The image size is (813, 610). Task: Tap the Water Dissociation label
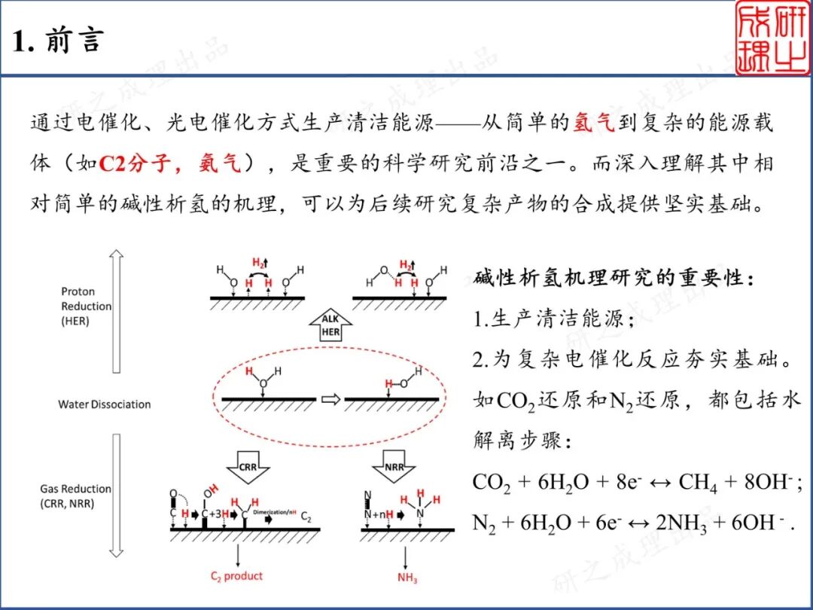105,404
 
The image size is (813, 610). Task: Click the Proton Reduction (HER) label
87,306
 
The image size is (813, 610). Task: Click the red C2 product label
236,576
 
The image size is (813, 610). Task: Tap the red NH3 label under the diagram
406,578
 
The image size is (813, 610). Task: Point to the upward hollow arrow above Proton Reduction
116,309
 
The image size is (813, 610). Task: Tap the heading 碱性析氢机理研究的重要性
614,277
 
